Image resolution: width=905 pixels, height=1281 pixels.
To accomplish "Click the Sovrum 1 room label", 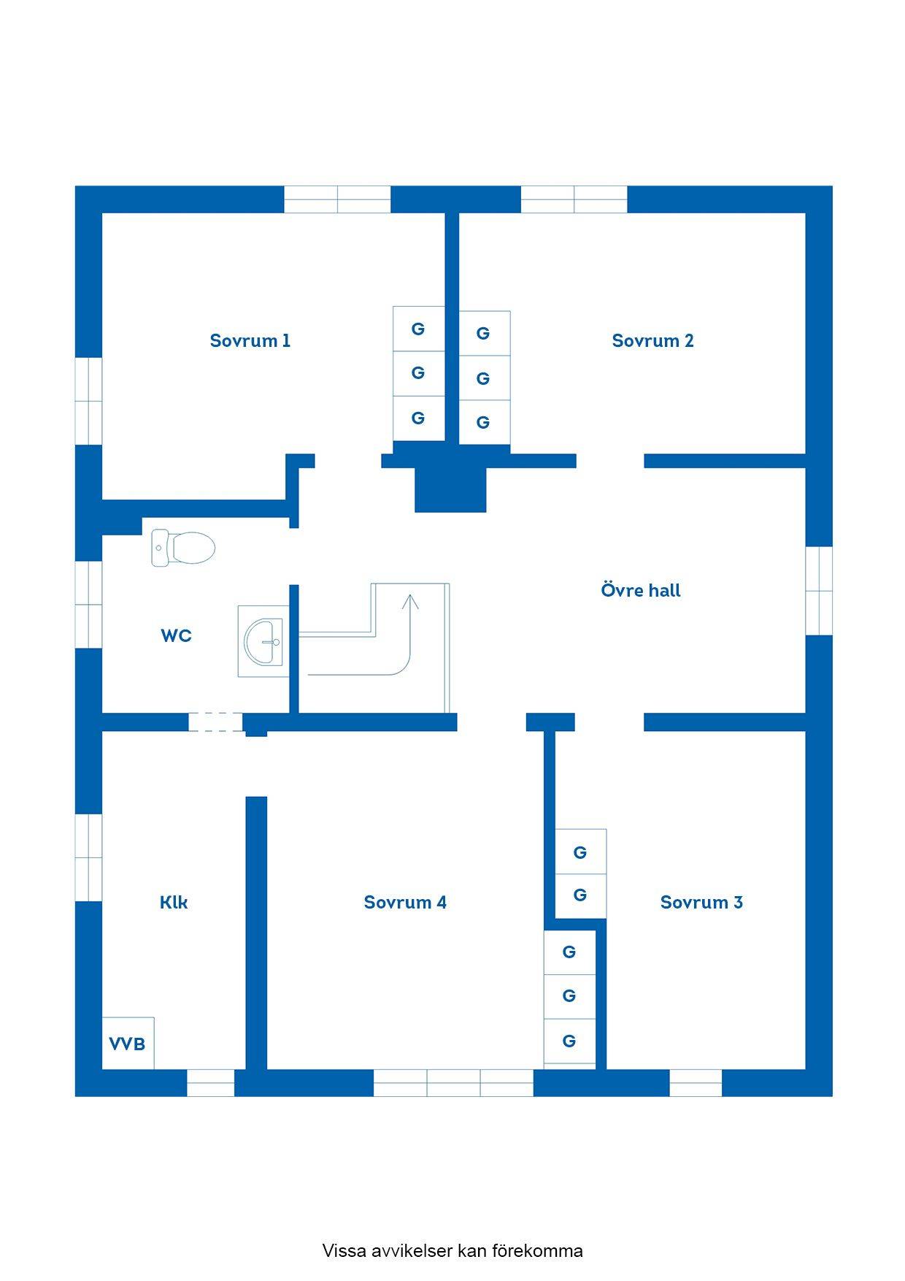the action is click(x=250, y=340).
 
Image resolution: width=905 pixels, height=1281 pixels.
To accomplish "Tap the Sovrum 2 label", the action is click(x=652, y=340).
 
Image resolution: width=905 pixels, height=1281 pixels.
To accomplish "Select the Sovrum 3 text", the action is click(x=701, y=902).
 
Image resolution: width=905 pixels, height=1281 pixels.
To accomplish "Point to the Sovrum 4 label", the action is click(x=405, y=902).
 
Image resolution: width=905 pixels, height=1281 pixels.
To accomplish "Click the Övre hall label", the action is click(x=641, y=590).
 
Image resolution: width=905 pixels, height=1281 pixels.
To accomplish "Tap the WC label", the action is click(x=176, y=635).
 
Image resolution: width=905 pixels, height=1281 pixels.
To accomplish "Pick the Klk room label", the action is click(x=174, y=902).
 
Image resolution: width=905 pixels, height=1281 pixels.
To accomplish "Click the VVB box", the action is click(x=128, y=1043).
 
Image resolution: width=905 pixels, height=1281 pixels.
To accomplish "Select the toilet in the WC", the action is click(x=183, y=548).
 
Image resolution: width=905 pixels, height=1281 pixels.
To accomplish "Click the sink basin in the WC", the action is click(x=263, y=641).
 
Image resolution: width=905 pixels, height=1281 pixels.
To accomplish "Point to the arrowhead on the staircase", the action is click(x=410, y=601).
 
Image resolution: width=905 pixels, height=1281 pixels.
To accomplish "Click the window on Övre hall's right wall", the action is click(x=819, y=590).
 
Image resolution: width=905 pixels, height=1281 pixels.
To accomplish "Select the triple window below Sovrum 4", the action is click(x=453, y=1083).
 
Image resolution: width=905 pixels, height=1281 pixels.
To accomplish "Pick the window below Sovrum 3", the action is click(x=696, y=1083).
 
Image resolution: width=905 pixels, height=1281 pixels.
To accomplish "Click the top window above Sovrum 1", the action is click(x=337, y=199).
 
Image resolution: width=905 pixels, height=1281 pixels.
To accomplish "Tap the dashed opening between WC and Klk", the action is click(x=215, y=722).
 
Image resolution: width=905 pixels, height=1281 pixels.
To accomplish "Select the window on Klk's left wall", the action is click(x=88, y=857).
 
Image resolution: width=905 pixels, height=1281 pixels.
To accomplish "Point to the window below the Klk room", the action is click(x=210, y=1083).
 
